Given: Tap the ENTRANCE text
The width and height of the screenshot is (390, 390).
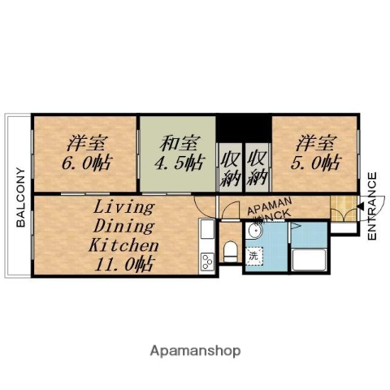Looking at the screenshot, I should click(372, 206).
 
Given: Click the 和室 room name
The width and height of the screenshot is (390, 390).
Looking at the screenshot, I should click(176, 144).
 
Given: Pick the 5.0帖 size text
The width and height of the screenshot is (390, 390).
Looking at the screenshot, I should click(316, 162).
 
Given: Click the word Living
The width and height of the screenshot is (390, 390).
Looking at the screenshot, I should click(119, 206).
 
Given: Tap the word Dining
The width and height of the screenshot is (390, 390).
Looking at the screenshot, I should click(121, 224).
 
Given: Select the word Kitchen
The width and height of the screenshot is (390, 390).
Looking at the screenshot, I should click(123, 244).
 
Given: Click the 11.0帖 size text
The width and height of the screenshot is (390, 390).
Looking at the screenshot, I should click(122, 263).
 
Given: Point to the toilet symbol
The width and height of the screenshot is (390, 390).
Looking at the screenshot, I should click(230, 249).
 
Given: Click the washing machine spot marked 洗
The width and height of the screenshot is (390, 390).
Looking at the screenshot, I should click(253, 256).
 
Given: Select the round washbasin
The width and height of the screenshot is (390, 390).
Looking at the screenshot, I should click(255, 231).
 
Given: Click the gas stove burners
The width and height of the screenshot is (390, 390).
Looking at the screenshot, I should click(206, 262).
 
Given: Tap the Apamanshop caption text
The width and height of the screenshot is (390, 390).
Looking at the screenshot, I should click(195, 352).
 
